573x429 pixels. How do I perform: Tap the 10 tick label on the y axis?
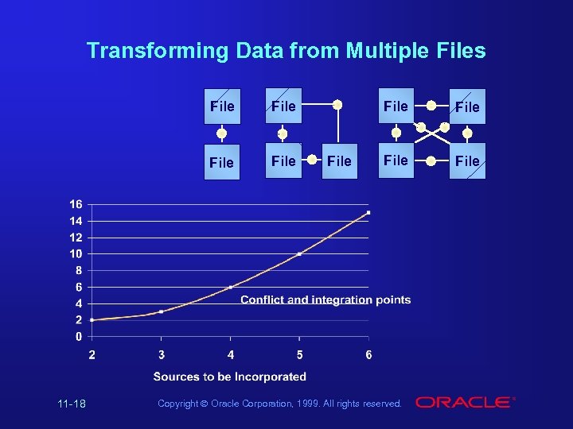[x=75, y=254]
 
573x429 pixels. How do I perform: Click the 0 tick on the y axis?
[x=78, y=337]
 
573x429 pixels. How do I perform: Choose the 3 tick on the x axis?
[x=162, y=354]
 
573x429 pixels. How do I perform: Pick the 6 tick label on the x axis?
[x=368, y=354]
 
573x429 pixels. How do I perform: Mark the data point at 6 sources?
[x=368, y=213]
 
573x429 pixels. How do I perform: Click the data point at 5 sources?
[x=299, y=254]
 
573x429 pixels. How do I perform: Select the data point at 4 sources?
[x=231, y=287]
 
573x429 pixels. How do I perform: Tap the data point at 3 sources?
[x=162, y=311]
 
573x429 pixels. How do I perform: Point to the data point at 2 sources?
[x=92, y=320]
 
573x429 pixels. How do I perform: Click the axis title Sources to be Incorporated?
[x=229, y=377]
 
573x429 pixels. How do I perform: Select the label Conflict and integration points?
[x=325, y=300]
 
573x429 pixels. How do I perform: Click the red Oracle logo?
[x=463, y=403]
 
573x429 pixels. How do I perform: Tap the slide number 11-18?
[x=72, y=404]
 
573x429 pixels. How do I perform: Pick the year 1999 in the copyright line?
[x=309, y=404]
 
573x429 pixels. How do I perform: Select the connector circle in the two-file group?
[x=222, y=134]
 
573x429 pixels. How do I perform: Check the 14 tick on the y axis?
[x=75, y=221]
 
